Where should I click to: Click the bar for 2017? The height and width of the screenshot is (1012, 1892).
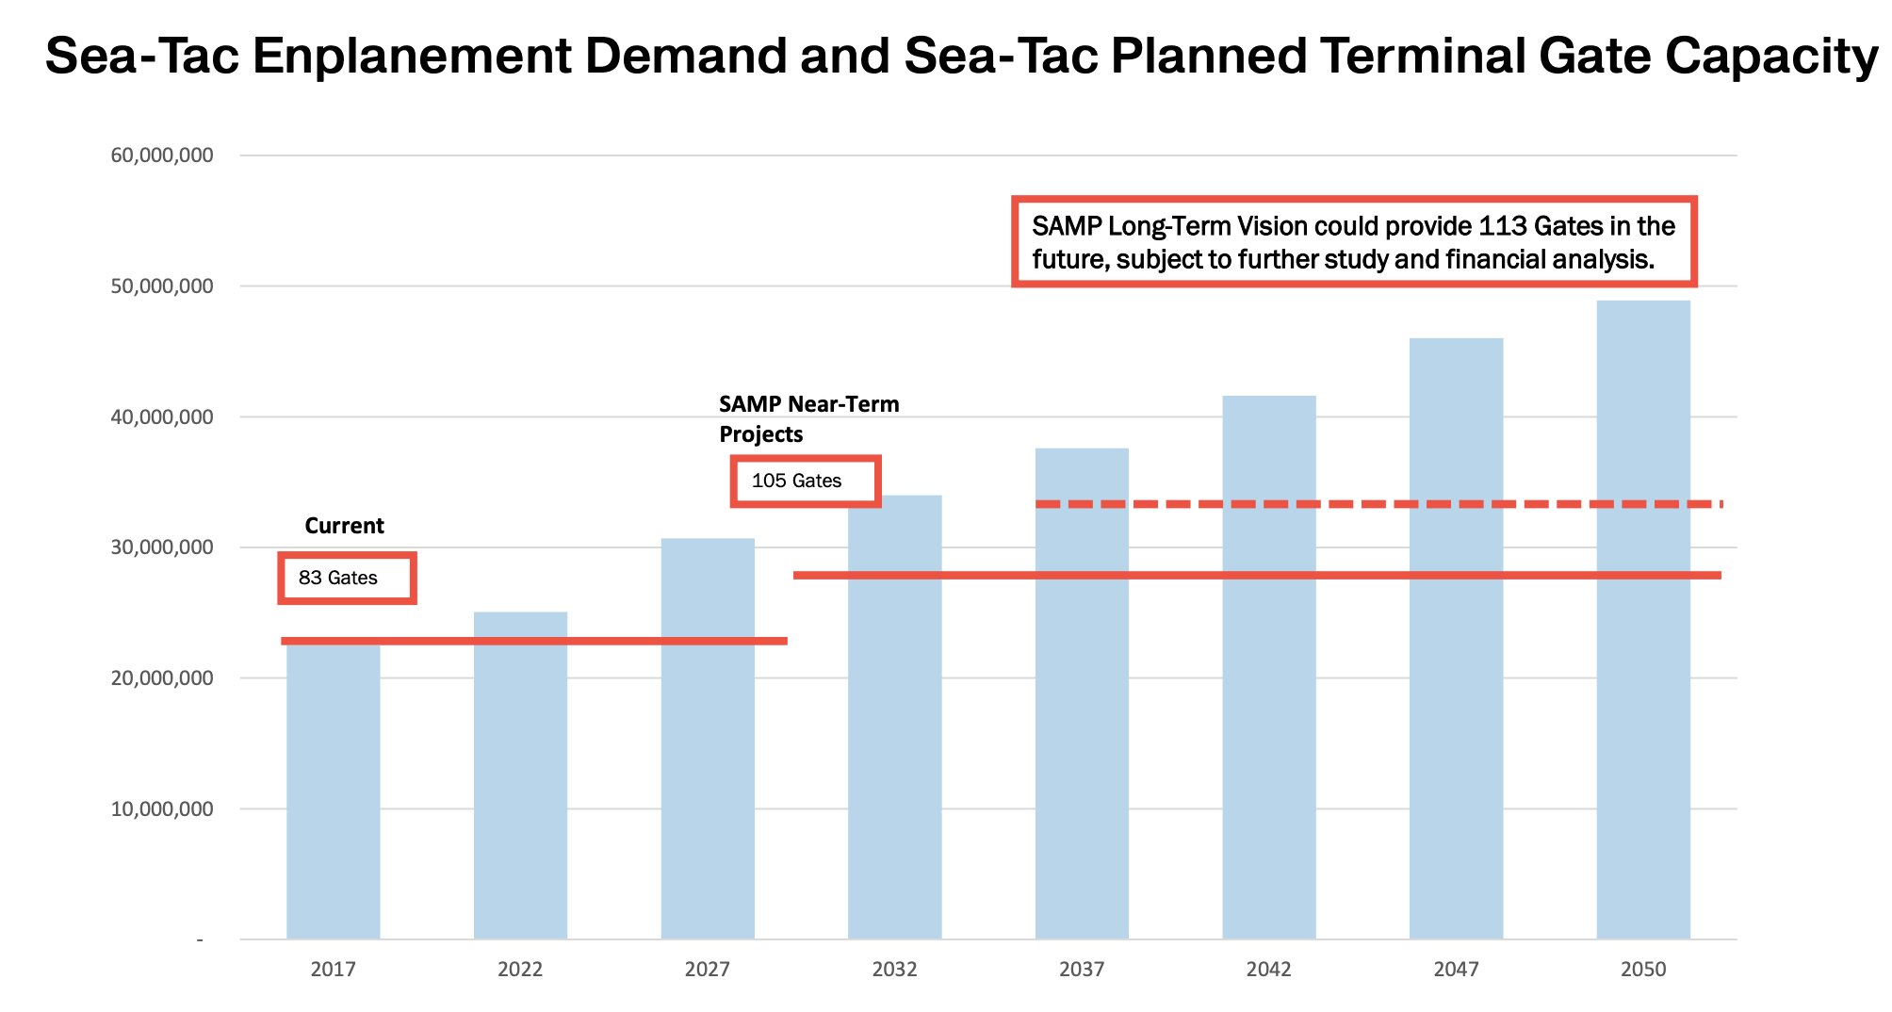(x=333, y=792)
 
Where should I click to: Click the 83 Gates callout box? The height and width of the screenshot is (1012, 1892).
(x=347, y=578)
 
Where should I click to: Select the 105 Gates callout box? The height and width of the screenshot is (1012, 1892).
(x=805, y=481)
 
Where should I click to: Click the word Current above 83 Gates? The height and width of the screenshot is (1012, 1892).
(x=344, y=526)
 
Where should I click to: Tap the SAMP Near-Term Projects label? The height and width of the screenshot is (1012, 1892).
(x=807, y=418)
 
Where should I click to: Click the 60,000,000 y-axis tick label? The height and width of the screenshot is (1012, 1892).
(x=162, y=155)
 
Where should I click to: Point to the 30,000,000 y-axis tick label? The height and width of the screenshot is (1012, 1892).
(x=162, y=547)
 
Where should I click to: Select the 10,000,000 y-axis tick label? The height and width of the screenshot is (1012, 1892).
(x=162, y=808)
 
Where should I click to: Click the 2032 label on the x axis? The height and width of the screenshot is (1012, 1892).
(x=894, y=969)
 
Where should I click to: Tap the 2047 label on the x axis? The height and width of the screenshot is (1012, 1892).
(x=1456, y=969)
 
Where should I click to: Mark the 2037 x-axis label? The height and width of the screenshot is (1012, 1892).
(x=1081, y=969)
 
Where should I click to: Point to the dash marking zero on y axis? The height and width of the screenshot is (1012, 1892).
(x=200, y=939)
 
